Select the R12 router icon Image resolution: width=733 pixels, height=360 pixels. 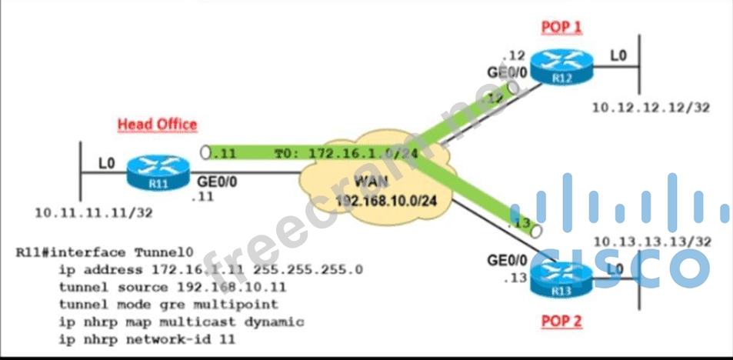tap(566, 65)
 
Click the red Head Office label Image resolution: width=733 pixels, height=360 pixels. tap(157, 124)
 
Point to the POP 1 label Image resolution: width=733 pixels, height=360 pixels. tap(562, 27)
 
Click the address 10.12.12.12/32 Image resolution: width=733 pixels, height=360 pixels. tap(651, 108)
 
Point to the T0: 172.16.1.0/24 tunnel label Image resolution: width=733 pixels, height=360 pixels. tap(346, 154)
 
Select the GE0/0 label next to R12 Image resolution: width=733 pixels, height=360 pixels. tap(508, 72)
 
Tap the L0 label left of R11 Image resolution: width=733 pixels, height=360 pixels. tap(107, 163)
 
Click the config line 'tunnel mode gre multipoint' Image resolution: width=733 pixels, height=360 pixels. tap(168, 305)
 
